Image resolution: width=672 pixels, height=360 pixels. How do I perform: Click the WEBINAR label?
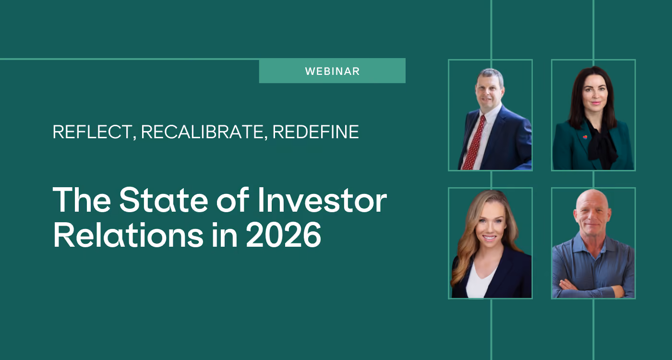(332, 72)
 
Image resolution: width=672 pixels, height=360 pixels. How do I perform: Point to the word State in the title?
(164, 200)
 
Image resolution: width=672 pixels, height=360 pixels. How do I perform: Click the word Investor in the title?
(322, 200)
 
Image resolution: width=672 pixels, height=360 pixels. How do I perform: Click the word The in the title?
(82, 200)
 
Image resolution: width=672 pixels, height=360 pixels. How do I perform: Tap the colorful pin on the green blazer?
(585, 137)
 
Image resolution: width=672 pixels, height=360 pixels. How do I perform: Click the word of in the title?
(233, 200)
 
